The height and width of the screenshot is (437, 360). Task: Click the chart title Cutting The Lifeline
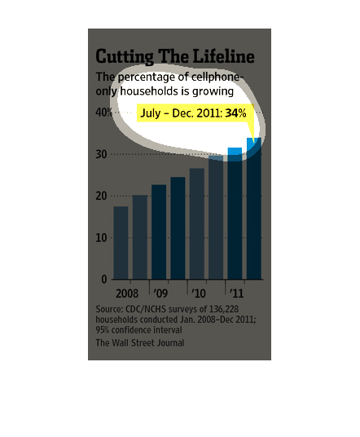point(175,56)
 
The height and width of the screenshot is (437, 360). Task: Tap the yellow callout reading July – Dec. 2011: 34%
point(195,113)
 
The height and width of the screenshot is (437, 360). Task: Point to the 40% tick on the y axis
point(103,113)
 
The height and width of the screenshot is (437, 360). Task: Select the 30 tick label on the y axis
point(101,154)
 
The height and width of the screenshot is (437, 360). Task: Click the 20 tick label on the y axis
point(101,196)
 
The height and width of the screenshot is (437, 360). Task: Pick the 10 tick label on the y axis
point(101,238)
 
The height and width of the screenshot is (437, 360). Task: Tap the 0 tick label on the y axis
point(104,279)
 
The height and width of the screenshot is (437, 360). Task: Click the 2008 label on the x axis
point(127,294)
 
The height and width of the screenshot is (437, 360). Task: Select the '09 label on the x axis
point(160,294)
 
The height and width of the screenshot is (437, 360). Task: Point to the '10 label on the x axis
point(199,294)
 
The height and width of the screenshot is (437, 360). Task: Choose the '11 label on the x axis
point(236,294)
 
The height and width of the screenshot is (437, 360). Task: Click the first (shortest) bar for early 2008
point(121,243)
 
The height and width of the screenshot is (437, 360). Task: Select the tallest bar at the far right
point(254,209)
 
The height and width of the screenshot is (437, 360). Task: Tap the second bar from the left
point(140,237)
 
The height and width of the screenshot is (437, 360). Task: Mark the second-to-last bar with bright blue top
point(235,214)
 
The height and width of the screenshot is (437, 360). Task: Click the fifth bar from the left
point(197,223)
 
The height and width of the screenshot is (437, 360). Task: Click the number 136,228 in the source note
point(224,309)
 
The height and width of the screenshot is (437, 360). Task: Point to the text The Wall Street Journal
point(140,342)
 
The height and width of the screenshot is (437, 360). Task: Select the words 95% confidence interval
point(138,330)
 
